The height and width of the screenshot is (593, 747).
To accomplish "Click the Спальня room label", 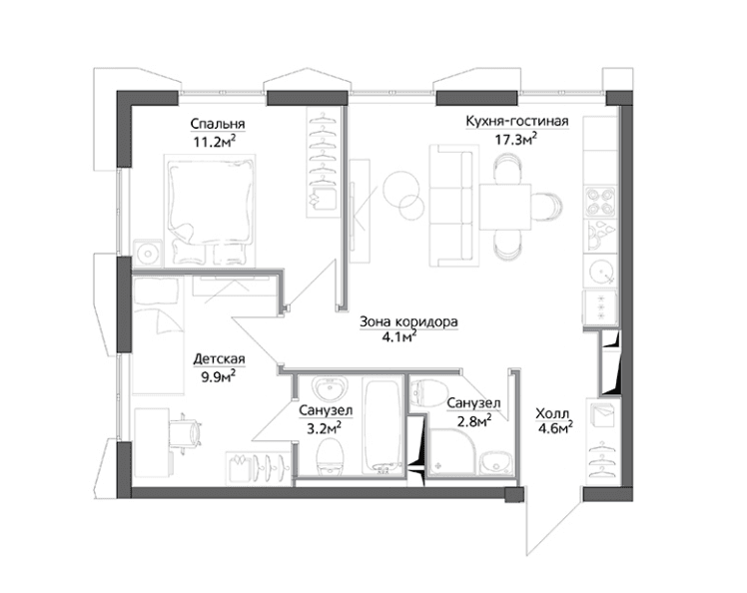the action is click(x=218, y=124).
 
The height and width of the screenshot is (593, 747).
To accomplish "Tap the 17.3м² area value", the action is click(x=517, y=139).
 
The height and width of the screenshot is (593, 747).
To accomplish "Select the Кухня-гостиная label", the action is click(x=517, y=121).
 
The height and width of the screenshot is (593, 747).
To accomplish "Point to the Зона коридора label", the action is click(x=408, y=322).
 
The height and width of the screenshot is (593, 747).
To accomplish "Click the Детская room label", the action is click(x=219, y=358).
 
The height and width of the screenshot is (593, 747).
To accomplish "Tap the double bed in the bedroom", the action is click(x=210, y=210).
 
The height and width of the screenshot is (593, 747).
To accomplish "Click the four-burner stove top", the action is click(x=601, y=202).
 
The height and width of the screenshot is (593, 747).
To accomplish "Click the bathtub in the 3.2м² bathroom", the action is click(x=382, y=426).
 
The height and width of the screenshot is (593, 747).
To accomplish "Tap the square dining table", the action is click(x=505, y=207).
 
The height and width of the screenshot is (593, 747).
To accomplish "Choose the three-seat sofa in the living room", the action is click(x=451, y=206).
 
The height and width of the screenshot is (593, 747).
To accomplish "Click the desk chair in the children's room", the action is click(x=188, y=432).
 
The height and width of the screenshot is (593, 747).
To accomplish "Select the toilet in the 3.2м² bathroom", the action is click(x=330, y=456).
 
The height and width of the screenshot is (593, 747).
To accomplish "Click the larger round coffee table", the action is click(x=401, y=188).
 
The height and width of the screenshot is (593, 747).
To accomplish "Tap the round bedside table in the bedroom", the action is click(x=148, y=252).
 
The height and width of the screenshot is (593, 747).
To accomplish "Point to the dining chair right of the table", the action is click(x=547, y=207).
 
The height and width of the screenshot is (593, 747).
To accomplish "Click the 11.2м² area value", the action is click(x=215, y=142).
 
